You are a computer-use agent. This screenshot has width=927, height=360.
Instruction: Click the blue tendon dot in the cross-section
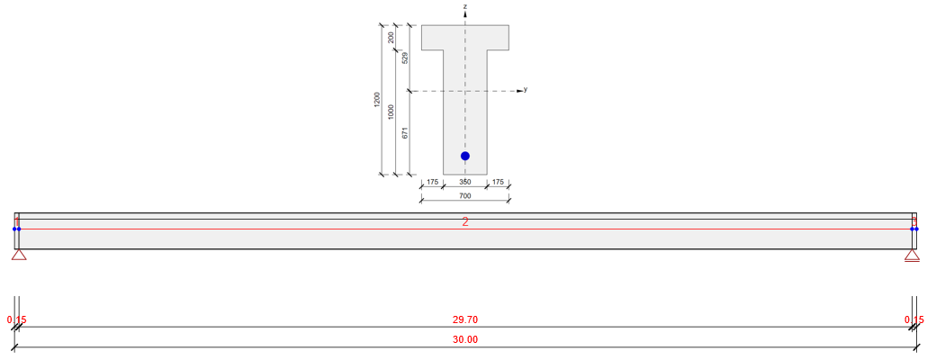click(465, 156)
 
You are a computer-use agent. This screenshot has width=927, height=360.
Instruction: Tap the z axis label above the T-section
click(465, 6)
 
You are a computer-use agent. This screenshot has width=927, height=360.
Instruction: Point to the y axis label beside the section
click(525, 89)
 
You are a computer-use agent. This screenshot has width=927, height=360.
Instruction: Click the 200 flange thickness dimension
click(391, 37)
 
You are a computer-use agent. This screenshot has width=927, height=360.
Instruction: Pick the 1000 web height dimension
click(391, 112)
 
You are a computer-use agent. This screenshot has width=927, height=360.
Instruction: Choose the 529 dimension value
click(405, 58)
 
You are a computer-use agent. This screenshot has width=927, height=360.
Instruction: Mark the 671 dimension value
click(405, 132)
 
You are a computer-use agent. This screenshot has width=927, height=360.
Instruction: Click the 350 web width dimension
click(465, 182)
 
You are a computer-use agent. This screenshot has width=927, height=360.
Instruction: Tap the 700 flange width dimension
click(465, 195)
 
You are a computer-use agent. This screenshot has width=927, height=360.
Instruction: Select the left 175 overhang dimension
click(432, 182)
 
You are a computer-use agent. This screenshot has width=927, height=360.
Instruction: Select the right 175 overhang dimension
click(498, 182)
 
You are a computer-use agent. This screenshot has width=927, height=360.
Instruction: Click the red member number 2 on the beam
click(465, 222)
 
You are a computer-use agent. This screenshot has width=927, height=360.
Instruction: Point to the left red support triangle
click(19, 255)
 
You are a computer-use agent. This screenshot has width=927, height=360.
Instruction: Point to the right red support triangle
click(912, 255)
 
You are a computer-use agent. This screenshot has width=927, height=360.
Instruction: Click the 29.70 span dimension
click(465, 319)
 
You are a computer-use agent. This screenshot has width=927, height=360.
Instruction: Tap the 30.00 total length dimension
click(465, 340)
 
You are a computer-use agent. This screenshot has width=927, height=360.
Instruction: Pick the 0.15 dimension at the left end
click(15, 319)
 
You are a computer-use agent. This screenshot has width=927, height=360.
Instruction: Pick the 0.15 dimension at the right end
click(913, 319)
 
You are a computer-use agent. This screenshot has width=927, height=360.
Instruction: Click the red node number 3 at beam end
click(913, 221)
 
